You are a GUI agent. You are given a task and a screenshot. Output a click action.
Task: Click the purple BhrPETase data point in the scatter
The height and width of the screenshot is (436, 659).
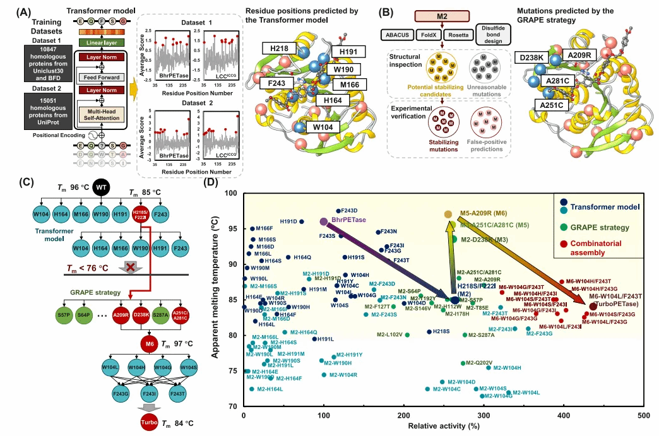(324, 221)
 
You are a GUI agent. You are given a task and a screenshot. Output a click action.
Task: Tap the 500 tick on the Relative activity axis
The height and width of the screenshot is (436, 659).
(644, 416)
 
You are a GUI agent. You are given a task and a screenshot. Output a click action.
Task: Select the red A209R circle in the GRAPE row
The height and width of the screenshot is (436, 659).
(121, 314)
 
